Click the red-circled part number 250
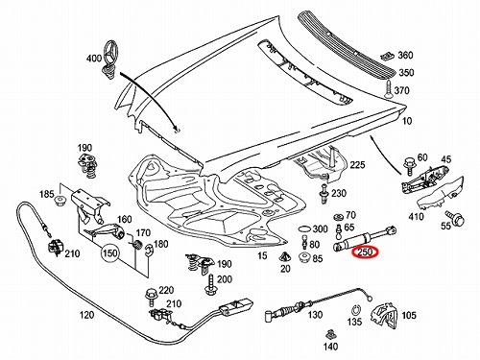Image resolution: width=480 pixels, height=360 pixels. tap(365, 252)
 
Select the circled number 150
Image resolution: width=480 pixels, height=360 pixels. tap(109, 253)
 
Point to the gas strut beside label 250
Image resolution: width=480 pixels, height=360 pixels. tap(365, 237)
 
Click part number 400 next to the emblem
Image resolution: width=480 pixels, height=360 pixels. tap(94, 59)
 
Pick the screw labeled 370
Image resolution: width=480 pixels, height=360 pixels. tap(388, 90)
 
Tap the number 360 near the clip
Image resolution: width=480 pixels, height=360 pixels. tap(405, 55)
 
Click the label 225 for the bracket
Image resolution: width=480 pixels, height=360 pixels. tap(357, 164)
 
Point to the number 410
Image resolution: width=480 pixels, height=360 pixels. tap(416, 217)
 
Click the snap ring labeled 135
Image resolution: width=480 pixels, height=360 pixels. tap(356, 309)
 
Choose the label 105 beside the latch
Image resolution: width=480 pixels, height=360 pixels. tap(409, 315)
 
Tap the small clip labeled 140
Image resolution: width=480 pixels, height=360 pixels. tap(330, 335)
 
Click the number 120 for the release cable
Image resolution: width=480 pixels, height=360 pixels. tap(86, 315)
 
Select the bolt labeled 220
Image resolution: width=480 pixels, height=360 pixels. tap(150, 297)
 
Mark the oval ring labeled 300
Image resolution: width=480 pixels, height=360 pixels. tap(304, 229)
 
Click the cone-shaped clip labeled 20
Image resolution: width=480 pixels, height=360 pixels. tap(285, 256)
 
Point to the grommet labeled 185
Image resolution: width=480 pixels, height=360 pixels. tap(60, 201)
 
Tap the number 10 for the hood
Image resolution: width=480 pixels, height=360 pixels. tap(407, 121)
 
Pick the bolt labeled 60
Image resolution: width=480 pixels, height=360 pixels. tap(409, 166)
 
